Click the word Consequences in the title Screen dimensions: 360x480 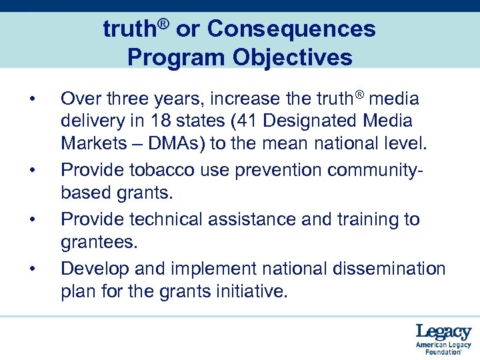point(291,29)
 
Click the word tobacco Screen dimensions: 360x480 point(167,171)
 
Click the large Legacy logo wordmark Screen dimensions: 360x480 point(443,331)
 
